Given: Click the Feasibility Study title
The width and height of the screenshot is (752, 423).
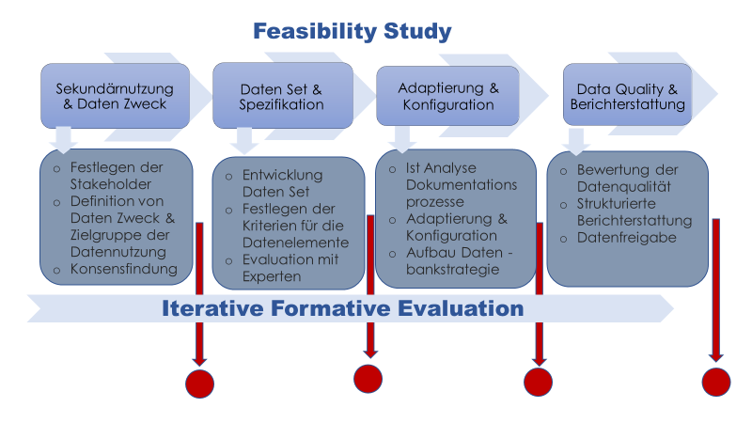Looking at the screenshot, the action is (x=352, y=32).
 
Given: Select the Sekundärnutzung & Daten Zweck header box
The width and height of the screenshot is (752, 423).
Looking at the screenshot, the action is (x=115, y=96).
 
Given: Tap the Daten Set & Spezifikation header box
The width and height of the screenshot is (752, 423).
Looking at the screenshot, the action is (x=283, y=96).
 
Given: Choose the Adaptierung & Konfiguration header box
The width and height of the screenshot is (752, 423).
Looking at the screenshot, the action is (x=448, y=96).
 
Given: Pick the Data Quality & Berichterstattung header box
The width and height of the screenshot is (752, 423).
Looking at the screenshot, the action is (x=627, y=95).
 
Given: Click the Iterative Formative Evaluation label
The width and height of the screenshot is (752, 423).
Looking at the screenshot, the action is (x=342, y=308).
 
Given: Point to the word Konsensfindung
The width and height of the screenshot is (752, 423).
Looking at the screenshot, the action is (x=124, y=269).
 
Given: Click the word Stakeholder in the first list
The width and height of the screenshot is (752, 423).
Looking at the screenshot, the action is (x=111, y=184).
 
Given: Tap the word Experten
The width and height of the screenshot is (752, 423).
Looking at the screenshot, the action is (x=272, y=276).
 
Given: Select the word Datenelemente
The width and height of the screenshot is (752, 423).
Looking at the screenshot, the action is (x=295, y=243).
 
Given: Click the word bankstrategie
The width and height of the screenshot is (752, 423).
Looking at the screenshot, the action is (x=452, y=270).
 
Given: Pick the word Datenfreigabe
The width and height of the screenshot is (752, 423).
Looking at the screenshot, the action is (x=626, y=238).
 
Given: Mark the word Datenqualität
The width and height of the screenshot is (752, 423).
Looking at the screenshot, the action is (x=624, y=186).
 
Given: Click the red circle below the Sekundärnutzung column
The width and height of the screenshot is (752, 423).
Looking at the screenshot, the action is (x=199, y=384).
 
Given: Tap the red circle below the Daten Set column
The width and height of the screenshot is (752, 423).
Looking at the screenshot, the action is (x=368, y=379).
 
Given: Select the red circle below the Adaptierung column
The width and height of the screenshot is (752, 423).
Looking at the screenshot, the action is (x=538, y=383).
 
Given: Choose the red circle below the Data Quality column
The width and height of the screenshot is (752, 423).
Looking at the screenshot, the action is (x=716, y=383).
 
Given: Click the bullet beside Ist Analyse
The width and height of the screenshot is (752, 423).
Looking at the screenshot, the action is (x=392, y=170).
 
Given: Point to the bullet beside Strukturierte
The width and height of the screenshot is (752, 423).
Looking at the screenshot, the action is (x=563, y=205).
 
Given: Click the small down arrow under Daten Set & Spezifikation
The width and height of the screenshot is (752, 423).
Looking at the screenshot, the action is (x=244, y=140).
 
